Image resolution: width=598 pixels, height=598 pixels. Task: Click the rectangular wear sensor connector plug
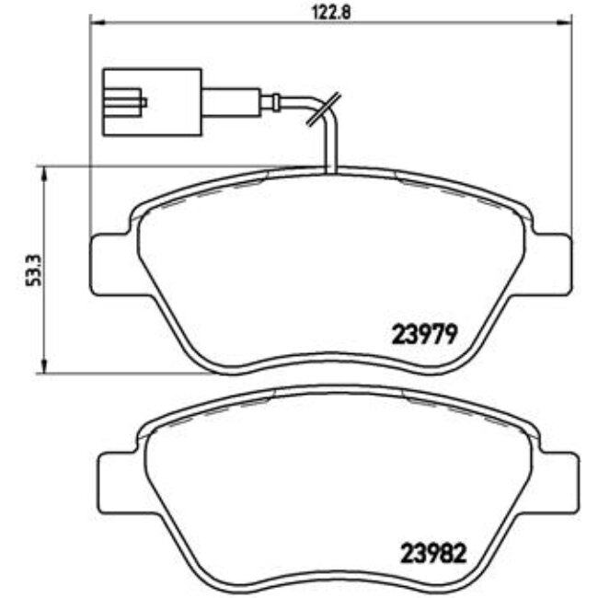pyautogui.click(x=152, y=101)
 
